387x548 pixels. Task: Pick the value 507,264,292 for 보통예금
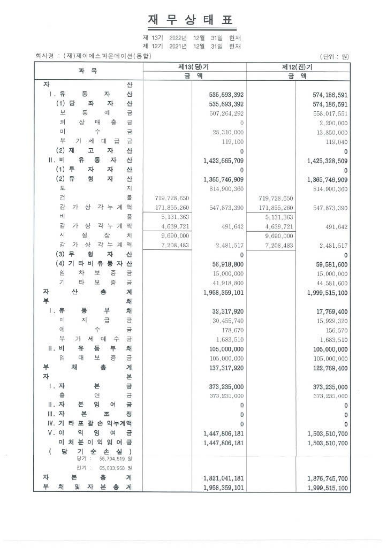tap(224, 113)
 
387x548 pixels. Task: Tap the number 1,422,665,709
tap(224, 160)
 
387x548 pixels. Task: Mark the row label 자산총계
tap(87, 292)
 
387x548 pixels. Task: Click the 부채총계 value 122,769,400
tap(328, 368)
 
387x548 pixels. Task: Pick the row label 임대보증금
tap(96, 358)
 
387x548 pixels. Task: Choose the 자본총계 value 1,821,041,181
tap(224, 478)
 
